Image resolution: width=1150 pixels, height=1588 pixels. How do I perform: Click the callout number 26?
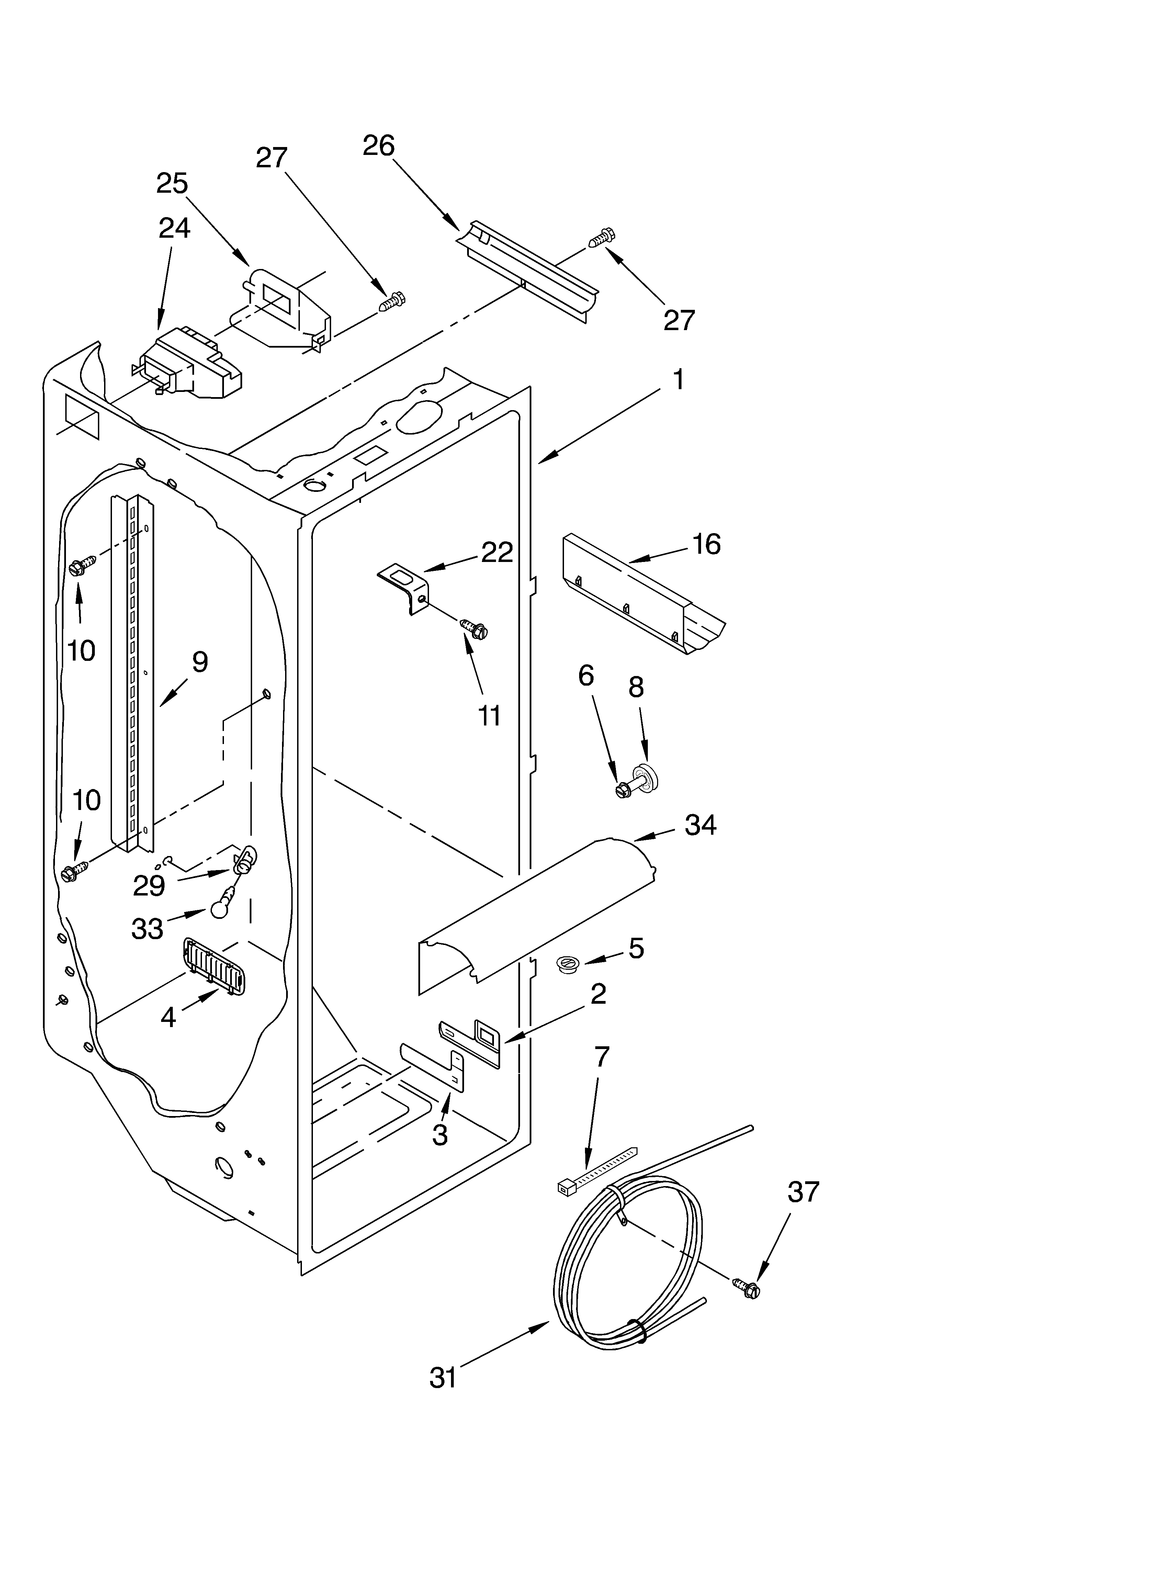pos(379,146)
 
